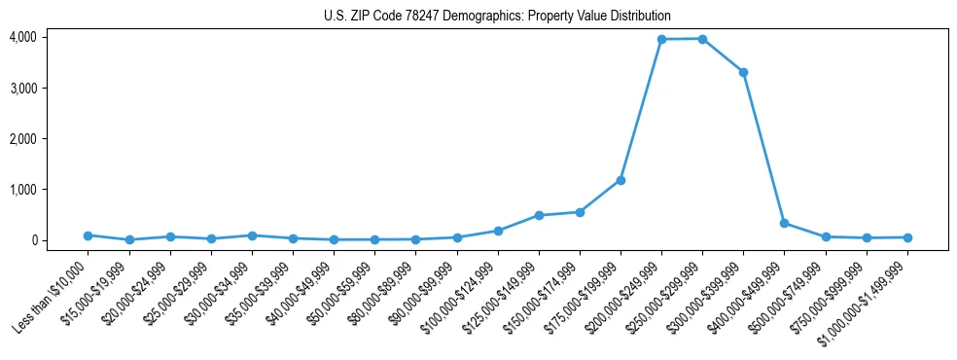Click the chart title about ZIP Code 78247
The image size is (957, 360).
pos(497,17)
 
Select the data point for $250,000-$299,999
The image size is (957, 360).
pos(702,39)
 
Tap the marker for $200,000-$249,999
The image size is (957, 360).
pos(661,39)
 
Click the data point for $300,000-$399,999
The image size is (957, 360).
pos(743,72)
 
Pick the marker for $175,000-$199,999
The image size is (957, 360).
pos(620,180)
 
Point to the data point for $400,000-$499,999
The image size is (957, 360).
pos(784,223)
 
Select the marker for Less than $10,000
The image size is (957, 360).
pos(88,235)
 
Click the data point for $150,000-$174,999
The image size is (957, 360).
pos(580,212)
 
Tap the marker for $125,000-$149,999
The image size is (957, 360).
pos(539,215)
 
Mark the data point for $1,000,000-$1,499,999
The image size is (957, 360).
pos(907,237)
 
